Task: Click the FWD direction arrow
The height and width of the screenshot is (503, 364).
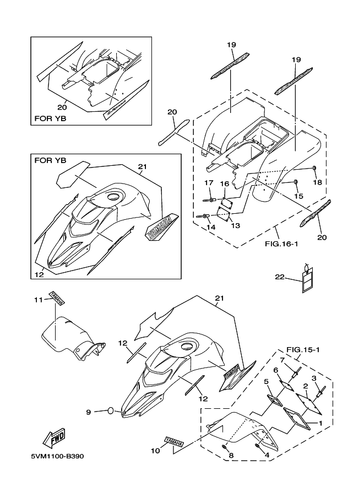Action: coord(54,437)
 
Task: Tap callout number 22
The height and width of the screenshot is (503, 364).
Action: coord(279,277)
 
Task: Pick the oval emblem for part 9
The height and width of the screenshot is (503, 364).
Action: coord(110,410)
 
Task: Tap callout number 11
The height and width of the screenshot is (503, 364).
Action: coord(38,299)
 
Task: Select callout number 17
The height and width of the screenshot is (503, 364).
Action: coord(209,182)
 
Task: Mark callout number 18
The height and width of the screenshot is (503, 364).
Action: coord(318,181)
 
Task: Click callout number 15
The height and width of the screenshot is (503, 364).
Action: coord(298,196)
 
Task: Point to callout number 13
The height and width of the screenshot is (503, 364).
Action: coord(235,226)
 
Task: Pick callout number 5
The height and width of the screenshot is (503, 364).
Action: coord(266,381)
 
